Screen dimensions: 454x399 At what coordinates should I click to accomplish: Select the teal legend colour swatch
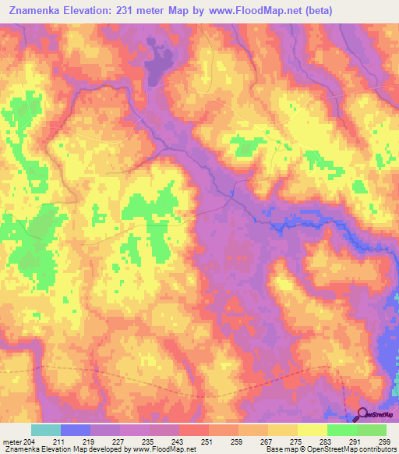pos(46,430)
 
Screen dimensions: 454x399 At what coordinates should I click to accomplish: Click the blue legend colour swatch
pos(76,430)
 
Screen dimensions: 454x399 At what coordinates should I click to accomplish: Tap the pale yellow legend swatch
pos(312,430)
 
